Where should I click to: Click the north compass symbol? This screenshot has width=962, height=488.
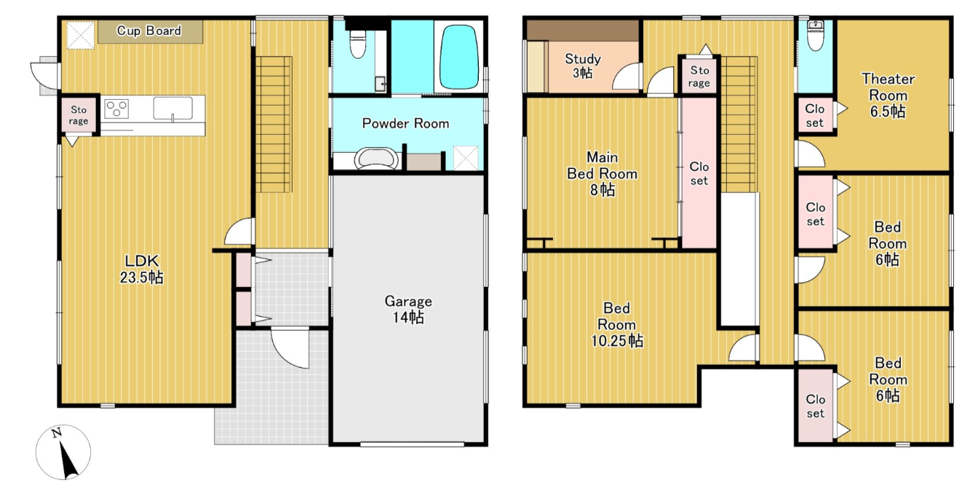[63, 452]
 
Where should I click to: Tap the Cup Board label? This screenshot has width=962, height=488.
[149, 31]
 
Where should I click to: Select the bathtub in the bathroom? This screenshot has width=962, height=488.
[459, 57]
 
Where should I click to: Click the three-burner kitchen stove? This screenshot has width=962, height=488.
[116, 108]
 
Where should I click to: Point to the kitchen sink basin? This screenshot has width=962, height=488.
[173, 109]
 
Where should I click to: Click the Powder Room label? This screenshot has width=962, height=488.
[405, 124]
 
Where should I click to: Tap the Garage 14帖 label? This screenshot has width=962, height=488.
[408, 309]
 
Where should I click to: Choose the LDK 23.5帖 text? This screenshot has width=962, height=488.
[141, 269]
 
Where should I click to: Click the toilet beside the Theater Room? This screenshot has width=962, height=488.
[815, 36]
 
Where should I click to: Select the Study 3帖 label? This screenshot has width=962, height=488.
[583, 66]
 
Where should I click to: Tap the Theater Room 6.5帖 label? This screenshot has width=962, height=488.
[888, 95]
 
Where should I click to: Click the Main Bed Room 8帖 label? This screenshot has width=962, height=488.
[602, 173]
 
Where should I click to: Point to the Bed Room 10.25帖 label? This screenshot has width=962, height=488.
[617, 325]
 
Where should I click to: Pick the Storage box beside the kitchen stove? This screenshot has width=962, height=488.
[79, 115]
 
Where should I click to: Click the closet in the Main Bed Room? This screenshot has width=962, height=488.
[699, 173]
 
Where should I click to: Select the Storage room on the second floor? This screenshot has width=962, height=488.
[699, 76]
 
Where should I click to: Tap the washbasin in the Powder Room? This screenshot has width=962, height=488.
[375, 159]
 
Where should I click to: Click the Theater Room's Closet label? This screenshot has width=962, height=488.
[815, 116]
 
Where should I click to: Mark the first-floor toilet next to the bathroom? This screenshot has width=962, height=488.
[357, 44]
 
